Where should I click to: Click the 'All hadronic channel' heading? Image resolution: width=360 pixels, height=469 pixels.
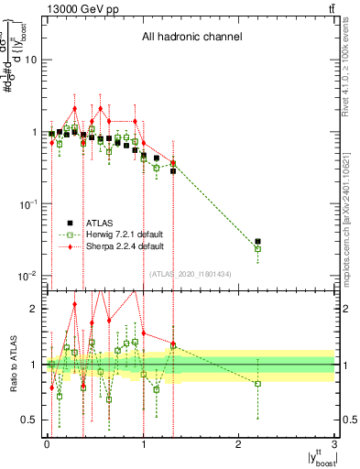click(191, 38)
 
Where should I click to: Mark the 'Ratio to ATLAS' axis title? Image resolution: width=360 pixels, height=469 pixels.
click(13, 365)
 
